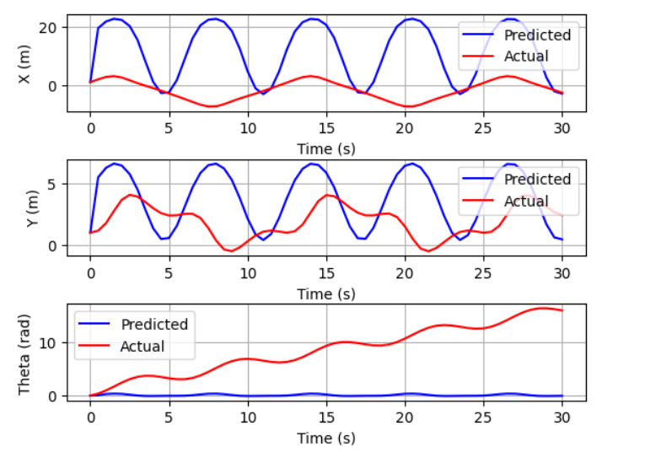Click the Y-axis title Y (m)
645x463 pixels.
(x=24, y=207)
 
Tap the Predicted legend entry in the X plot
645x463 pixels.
(x=537, y=35)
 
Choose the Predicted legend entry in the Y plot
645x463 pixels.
(x=537, y=179)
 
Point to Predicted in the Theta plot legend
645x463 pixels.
(x=154, y=325)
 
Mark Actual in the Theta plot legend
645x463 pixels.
(x=142, y=346)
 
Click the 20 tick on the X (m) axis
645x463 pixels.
(x=50, y=28)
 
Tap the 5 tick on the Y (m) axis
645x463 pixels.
(x=54, y=184)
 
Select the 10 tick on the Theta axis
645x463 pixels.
(x=50, y=342)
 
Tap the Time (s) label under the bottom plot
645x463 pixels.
(x=326, y=438)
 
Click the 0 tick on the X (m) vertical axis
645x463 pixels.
(x=54, y=86)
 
